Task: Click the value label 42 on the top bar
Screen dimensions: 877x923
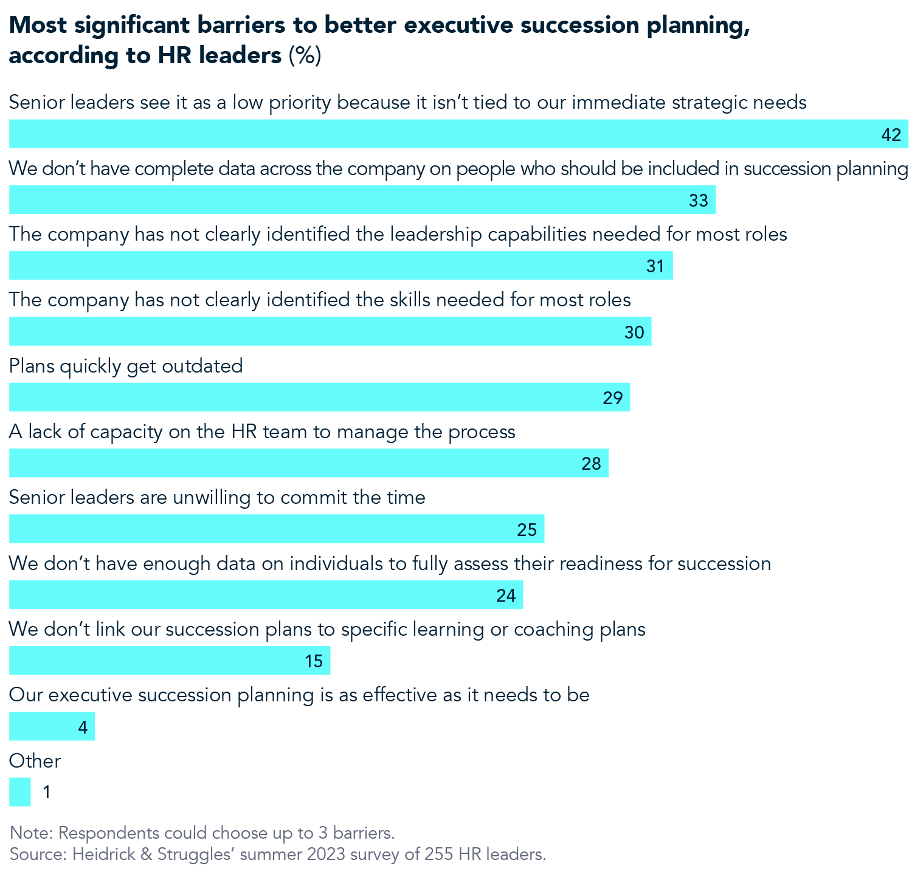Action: [891, 135]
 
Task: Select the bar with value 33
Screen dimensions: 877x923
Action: [362, 200]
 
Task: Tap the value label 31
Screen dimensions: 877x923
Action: [655, 266]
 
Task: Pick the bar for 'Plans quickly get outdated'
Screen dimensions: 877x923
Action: [319, 397]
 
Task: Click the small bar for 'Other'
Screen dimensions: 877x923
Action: [19, 793]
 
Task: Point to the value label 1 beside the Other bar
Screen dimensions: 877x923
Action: [47, 793]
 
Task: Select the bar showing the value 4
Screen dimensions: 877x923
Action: [52, 726]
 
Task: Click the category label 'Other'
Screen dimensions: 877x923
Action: [35, 761]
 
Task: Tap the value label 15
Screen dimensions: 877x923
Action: [313, 661]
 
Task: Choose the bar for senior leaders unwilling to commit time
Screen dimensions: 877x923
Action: [277, 529]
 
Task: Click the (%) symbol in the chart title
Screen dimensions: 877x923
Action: [304, 55]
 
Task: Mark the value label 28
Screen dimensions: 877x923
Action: [590, 464]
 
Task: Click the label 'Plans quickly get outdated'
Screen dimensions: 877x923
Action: [126, 366]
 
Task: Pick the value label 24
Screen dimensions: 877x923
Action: [505, 595]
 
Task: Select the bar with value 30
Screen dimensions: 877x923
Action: [330, 331]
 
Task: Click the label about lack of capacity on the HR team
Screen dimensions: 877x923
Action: [262, 432]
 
